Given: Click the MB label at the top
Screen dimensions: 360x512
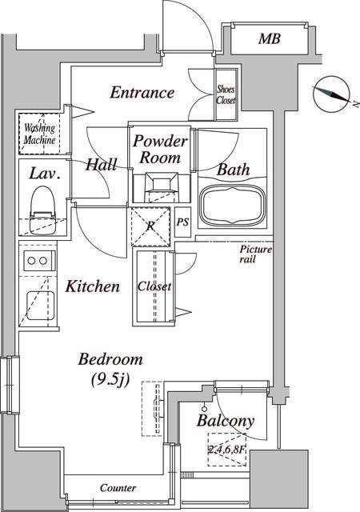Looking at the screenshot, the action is point(269,39).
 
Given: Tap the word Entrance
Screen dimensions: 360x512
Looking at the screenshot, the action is point(142,93).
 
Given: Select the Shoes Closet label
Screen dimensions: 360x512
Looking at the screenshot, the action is point(226,94).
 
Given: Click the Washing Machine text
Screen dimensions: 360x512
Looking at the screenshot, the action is point(39,134).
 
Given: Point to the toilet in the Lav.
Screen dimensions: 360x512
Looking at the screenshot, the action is point(42,210).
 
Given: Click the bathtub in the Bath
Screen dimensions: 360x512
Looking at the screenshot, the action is point(232,206).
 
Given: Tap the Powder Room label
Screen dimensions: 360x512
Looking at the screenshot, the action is point(160,150).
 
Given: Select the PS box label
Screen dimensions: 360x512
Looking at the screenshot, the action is point(182,222).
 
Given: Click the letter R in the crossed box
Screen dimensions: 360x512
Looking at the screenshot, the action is point(150,226).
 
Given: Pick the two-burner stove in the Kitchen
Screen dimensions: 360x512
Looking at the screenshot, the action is point(38,261).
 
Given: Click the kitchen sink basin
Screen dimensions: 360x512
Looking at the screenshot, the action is point(40,303).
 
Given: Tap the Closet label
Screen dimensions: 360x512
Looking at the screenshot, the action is point(154,286).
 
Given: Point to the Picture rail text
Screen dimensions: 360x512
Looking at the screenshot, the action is point(255,254).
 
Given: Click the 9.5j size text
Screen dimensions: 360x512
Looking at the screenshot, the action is point(110,379).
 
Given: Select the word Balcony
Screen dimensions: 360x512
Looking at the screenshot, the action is point(226,421).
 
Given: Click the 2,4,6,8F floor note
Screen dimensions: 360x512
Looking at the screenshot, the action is point(226,450).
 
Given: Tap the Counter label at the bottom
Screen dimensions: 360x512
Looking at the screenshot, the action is point(118,488).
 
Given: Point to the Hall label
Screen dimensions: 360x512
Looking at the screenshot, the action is point(101,165).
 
